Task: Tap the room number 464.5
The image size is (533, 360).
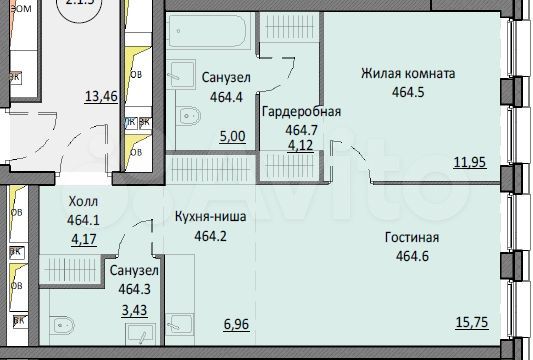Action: (409, 92)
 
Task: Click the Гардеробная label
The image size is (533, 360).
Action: (301, 112)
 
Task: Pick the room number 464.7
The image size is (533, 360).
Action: (301, 129)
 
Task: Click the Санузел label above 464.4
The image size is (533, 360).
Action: (225, 77)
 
